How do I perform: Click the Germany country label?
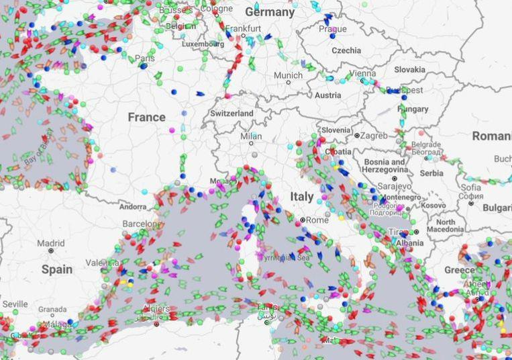[270, 12]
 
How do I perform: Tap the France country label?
[146, 117]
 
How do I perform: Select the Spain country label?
[56, 269]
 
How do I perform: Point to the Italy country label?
[301, 197]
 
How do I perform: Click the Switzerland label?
[232, 114]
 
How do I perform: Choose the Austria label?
[327, 95]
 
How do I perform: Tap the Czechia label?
[346, 50]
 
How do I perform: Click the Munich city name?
[288, 75]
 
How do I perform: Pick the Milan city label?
[251, 136]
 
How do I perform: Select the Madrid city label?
[51, 243]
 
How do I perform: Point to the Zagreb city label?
[374, 135]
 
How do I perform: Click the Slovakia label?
[409, 69]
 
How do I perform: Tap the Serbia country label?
[431, 173]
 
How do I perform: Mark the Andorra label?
[132, 207]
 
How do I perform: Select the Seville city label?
[15, 304]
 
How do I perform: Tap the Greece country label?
[459, 270]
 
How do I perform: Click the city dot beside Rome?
[303, 220]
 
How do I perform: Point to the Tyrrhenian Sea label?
[285, 257]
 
